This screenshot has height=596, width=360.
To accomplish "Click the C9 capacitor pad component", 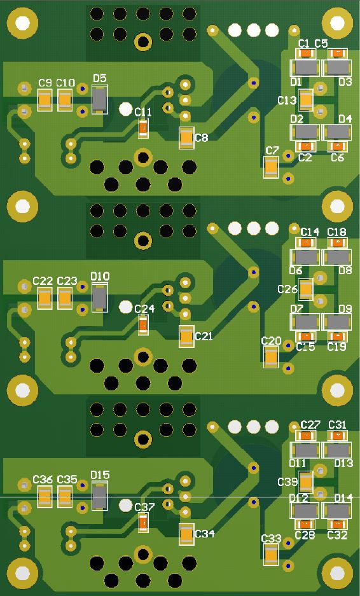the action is pyautogui.click(x=45, y=100).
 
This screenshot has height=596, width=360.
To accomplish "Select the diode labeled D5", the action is pyautogui.click(x=100, y=99).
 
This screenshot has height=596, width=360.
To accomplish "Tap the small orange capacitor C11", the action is pyautogui.click(x=143, y=128).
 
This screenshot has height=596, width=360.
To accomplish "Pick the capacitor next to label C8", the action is pyautogui.click(x=186, y=137).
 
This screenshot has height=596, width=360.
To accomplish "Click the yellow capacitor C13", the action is pyautogui.click(x=306, y=100).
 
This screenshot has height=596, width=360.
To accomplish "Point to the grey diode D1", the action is pyautogui.click(x=305, y=68).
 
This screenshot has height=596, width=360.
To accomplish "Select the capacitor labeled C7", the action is pyautogui.click(x=271, y=167).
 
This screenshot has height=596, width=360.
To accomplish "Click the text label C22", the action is pyautogui.click(x=43, y=281).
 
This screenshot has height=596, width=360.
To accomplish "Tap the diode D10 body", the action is pyautogui.click(x=100, y=297).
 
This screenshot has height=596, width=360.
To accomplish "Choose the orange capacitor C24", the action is pyautogui.click(x=143, y=325).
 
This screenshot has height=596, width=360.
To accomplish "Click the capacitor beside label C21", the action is pyautogui.click(x=186, y=336).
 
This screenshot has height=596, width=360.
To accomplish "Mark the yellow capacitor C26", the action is pyautogui.click(x=306, y=289).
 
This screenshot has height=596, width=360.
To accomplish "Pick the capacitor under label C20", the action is pyautogui.click(x=271, y=357).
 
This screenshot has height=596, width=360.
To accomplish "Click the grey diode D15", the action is pyautogui.click(x=100, y=496).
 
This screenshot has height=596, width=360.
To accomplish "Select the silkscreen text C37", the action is pyautogui.click(x=144, y=507).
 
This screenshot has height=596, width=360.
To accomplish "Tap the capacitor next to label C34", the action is pyautogui.click(x=186, y=534).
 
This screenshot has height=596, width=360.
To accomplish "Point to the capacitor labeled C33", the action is pyautogui.click(x=271, y=555).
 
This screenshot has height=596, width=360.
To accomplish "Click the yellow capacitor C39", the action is pyautogui.click(x=306, y=482).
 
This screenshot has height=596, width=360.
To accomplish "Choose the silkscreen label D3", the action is pyautogui.click(x=345, y=81).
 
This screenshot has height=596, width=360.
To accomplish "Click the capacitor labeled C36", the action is pyautogui.click(x=45, y=497).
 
